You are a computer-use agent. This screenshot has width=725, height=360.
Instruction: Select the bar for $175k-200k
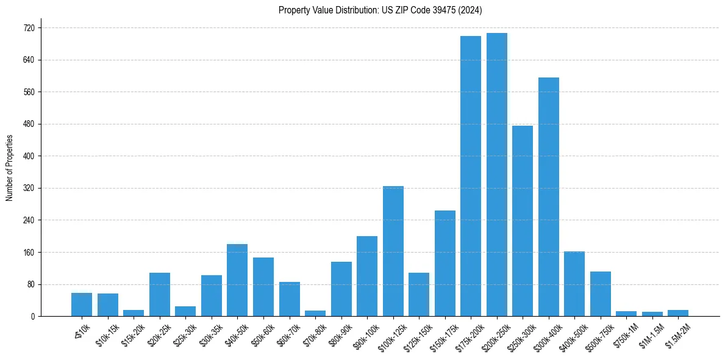471,176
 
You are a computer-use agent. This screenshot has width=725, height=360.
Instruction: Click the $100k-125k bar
393,251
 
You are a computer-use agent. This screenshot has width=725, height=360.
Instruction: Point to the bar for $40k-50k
237,280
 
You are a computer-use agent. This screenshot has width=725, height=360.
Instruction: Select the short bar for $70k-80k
315,313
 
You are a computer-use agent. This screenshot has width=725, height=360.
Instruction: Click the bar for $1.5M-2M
678,313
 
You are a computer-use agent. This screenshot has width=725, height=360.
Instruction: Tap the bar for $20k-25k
160,294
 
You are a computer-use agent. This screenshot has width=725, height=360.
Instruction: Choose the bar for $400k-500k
574,284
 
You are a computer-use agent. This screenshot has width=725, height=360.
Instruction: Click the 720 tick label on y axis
29,28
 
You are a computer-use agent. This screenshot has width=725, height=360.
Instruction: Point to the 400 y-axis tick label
29,156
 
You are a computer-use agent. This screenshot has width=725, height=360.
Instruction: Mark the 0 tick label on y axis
33,316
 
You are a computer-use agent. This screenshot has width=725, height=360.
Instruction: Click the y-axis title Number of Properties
9,167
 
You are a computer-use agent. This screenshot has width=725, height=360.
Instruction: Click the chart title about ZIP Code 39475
380,10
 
